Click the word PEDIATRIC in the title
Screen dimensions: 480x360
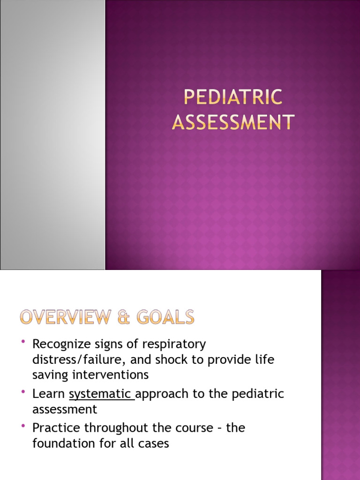tap(233, 97)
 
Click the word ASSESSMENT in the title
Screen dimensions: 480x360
tap(233, 122)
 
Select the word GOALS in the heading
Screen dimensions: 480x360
tap(166, 318)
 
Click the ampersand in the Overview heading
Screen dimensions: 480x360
tap(122, 318)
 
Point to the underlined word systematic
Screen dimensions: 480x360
tap(100, 394)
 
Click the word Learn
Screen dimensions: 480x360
tap(48, 394)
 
